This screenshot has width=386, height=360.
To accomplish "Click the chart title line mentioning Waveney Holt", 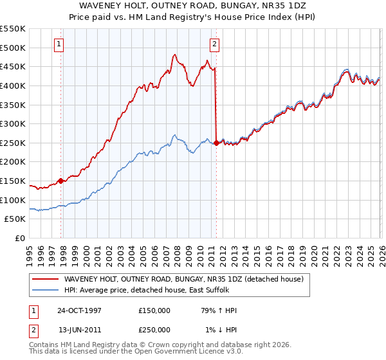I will point(193,5).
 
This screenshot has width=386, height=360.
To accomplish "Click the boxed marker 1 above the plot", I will point(59,44).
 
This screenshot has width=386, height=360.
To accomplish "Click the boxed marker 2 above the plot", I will point(214,44).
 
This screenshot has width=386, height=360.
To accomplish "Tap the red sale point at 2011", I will point(216,143).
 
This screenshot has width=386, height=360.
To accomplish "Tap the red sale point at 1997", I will point(61,181).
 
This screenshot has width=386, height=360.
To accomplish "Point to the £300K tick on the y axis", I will point(14,123).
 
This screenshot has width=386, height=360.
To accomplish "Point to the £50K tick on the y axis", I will point(15,219).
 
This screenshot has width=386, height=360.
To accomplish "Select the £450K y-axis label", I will point(14,66).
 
